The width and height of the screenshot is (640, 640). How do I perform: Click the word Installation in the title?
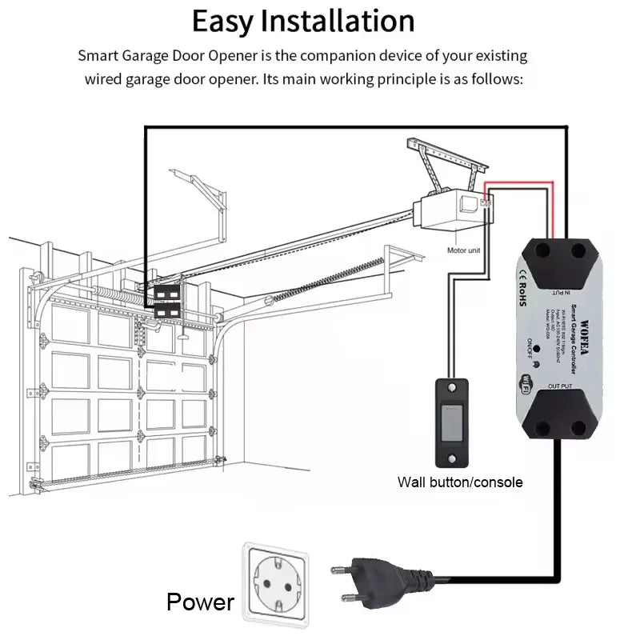(338, 22)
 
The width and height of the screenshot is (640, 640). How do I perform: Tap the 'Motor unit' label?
(464, 250)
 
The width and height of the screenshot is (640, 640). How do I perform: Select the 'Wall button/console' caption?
(460, 482)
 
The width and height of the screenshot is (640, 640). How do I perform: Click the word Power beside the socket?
(200, 602)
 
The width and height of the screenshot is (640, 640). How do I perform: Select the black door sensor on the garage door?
(168, 301)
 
